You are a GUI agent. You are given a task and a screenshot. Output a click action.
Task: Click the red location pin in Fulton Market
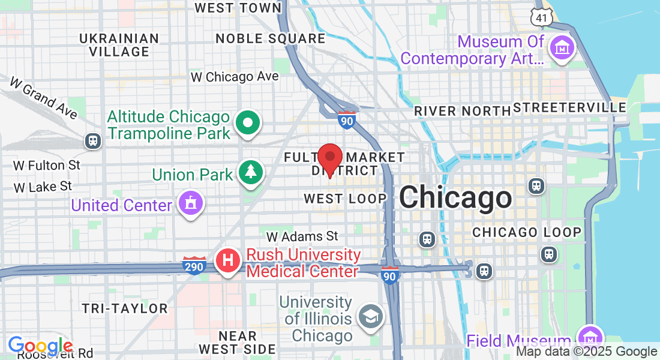pyautogui.click(x=329, y=158)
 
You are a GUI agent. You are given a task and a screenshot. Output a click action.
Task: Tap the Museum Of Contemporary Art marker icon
pyautogui.click(x=563, y=47)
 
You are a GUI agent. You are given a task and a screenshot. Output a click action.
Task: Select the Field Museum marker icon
pyautogui.click(x=590, y=337)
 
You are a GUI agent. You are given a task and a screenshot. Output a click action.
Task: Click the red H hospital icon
pyautogui.click(x=228, y=261)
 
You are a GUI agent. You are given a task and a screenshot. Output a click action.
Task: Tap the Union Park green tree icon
pyautogui.click(x=250, y=172)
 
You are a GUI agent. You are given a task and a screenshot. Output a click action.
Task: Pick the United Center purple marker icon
pyautogui.click(x=190, y=203)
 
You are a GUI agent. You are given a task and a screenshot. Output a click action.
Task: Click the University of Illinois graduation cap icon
pyautogui.click(x=371, y=316)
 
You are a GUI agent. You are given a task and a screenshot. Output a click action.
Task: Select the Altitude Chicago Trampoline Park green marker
pyautogui.click(x=247, y=123)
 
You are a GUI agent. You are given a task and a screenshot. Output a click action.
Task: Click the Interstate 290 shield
pyautogui.click(x=194, y=266)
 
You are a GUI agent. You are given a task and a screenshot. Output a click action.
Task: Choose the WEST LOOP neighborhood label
pyautogui.click(x=345, y=199)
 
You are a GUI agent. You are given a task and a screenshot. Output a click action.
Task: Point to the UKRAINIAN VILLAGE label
pyautogui.click(x=119, y=45)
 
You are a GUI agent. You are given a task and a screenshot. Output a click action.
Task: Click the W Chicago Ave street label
pyautogui.click(x=235, y=77)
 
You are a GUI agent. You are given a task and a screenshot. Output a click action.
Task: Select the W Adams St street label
pyautogui.click(x=302, y=236)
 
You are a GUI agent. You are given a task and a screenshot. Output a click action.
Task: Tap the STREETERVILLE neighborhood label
pyautogui.click(x=570, y=108)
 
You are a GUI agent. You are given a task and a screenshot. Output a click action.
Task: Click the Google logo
pyautogui.click(x=41, y=346)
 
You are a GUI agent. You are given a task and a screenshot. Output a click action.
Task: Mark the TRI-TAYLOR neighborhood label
pyautogui.click(x=125, y=308)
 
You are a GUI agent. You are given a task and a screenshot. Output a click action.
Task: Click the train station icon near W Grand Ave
pyautogui.click(x=93, y=140)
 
